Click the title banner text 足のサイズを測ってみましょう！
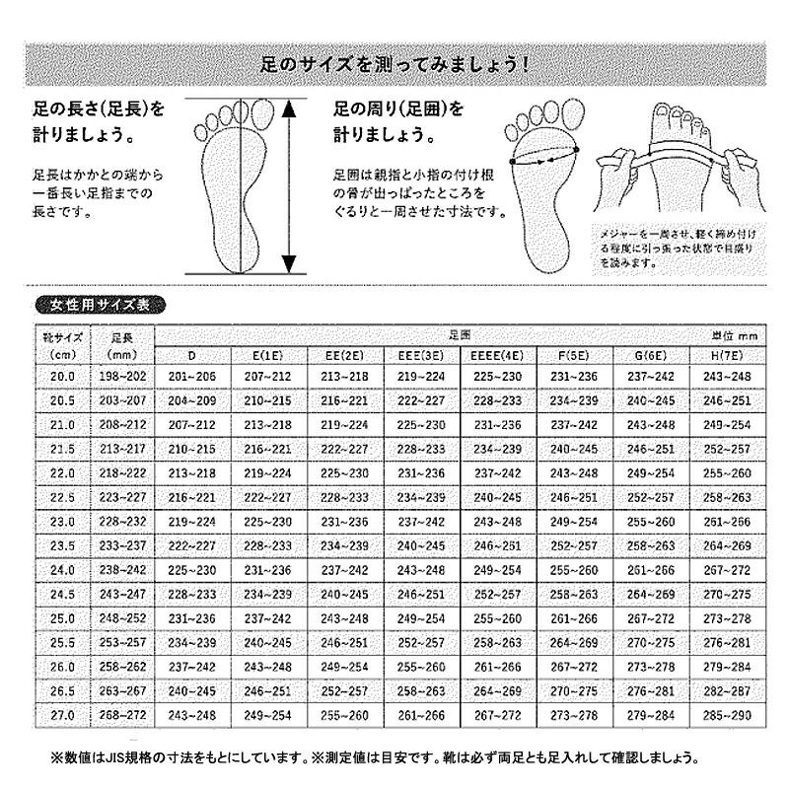(x=394, y=68)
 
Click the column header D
(x=191, y=355)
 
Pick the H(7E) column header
(x=728, y=355)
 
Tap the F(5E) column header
(x=574, y=355)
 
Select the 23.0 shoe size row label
(x=63, y=520)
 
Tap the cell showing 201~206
(x=191, y=376)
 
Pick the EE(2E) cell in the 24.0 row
(x=344, y=569)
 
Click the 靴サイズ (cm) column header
(x=63, y=345)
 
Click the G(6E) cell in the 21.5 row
(x=651, y=448)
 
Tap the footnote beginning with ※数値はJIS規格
(x=375, y=759)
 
